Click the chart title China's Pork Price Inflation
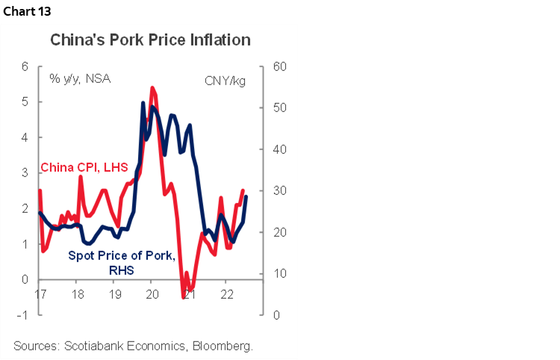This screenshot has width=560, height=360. coord(150,40)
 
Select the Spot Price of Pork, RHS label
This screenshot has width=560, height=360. coord(122,263)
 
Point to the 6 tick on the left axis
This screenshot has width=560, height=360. coord(24,66)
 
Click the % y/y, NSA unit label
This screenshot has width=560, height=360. coord(80,78)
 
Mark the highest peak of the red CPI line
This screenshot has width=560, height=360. coord(152,87)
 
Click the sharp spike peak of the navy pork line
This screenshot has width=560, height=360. coord(143,102)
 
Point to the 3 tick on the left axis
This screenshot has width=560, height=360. coord(24,173)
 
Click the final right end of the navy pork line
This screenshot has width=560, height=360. coord(246,196)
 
